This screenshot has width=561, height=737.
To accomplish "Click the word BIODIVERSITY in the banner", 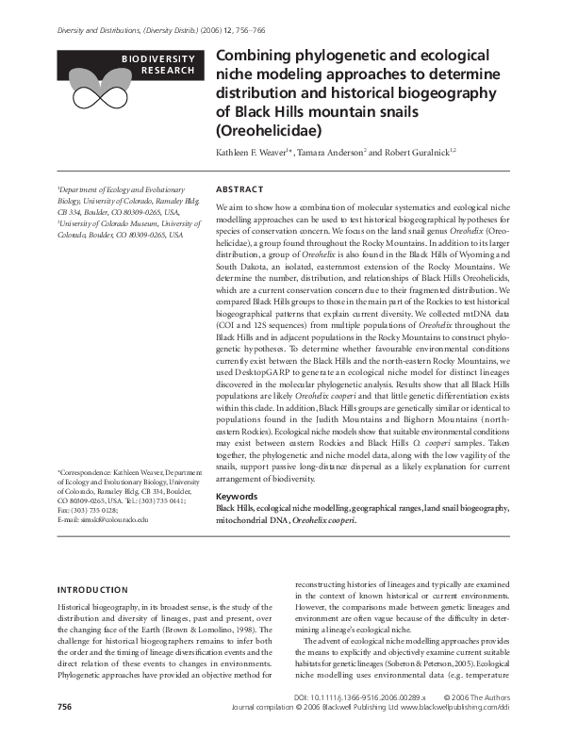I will [157, 58].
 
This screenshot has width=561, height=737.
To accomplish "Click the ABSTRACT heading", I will [239, 188].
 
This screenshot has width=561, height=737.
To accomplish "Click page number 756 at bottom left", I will [65, 705].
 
